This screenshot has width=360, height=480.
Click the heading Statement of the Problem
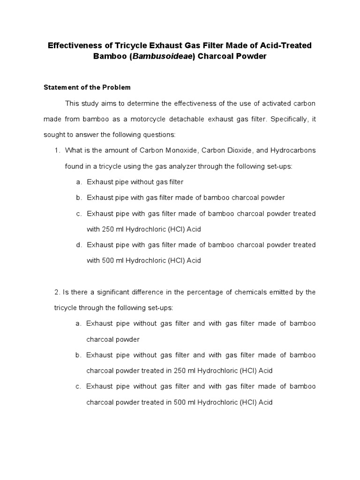click(x=87, y=87)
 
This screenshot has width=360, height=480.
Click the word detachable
click(x=193, y=119)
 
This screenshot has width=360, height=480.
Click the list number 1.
click(x=57, y=150)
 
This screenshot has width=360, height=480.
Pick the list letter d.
click(x=78, y=245)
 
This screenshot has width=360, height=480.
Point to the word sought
click(x=53, y=135)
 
